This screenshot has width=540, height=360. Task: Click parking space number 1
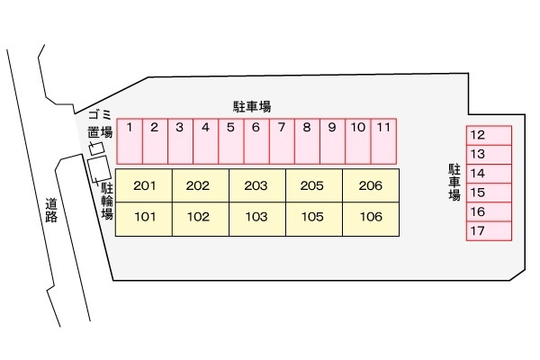(x=130, y=139)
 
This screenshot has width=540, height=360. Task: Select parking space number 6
(x=256, y=139)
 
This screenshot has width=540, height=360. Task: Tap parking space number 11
(x=383, y=139)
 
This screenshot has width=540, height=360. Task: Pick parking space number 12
(x=489, y=135)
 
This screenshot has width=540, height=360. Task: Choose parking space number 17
(x=489, y=231)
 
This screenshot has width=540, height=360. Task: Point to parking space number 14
(x=489, y=174)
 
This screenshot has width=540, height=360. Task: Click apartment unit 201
(x=145, y=186)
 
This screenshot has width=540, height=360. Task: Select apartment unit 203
(x=256, y=186)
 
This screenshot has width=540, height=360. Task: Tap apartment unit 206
(x=370, y=186)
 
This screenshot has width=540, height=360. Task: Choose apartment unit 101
(x=145, y=217)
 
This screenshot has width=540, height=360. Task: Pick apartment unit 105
(x=313, y=217)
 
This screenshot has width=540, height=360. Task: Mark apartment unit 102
(x=200, y=217)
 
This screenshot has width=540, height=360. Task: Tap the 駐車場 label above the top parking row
(x=252, y=106)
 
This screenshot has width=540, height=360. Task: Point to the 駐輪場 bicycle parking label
(x=107, y=202)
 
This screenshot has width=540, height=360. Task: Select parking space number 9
(x=332, y=139)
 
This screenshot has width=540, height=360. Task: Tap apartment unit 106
(x=370, y=217)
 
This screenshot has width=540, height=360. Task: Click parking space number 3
(x=180, y=139)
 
